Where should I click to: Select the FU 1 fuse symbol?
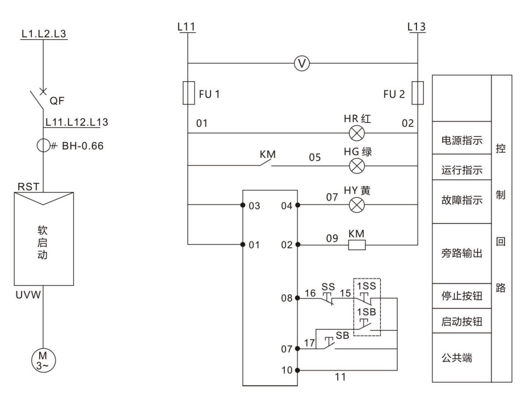point(188,93)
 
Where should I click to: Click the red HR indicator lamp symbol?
point(357,135)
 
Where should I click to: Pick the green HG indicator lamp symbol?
point(357,166)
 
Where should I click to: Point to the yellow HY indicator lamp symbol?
point(357,205)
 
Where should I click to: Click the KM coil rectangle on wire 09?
point(357,245)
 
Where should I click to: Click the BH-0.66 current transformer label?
point(79,145)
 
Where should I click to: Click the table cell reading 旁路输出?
point(461,253)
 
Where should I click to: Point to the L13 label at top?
point(417,27)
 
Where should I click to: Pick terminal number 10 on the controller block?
point(288,370)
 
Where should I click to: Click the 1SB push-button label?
point(365,312)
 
